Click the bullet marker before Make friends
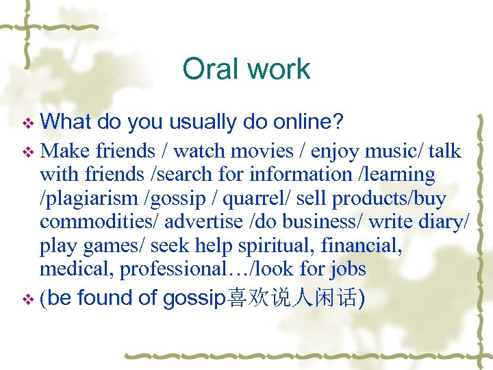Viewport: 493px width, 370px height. pos(29,151)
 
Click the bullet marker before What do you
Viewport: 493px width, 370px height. pos(29,123)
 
